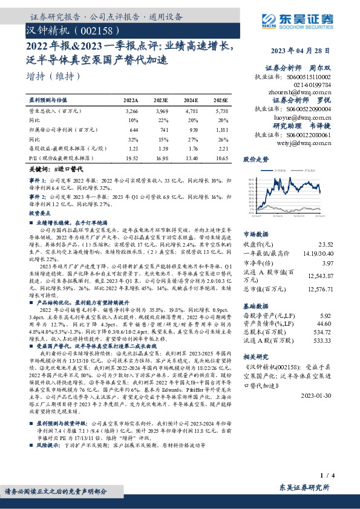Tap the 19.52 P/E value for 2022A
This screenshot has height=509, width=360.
point(131,157)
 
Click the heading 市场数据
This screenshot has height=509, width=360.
point(257,233)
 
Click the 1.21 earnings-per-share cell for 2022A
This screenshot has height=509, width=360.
point(131,148)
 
